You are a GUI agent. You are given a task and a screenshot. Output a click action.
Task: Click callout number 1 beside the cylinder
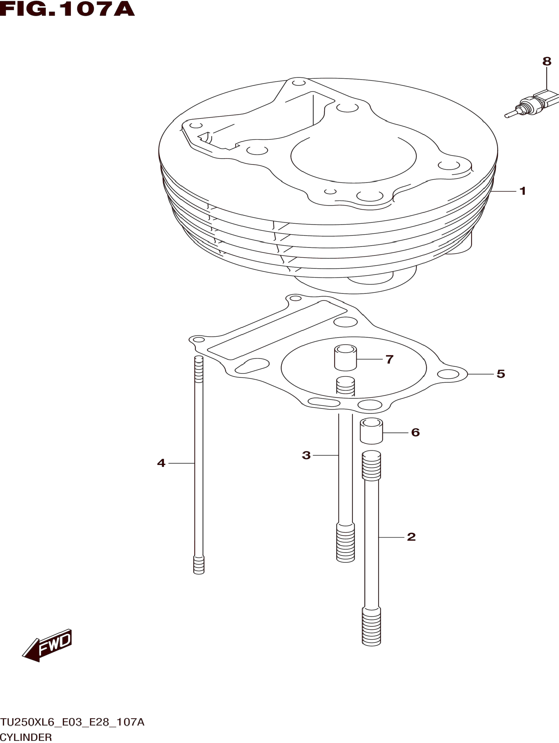522,191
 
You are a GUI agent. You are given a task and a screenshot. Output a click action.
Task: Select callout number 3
306,455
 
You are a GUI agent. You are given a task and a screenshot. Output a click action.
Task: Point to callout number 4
161,463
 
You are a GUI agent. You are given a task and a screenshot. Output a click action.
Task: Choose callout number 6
415,432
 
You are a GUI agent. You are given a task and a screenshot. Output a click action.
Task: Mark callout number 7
389,359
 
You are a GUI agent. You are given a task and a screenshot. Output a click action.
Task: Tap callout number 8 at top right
547,61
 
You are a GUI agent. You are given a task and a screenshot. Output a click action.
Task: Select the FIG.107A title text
67,9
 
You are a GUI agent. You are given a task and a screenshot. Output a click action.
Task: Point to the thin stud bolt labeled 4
199,464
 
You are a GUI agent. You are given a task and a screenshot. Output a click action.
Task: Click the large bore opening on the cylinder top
353,156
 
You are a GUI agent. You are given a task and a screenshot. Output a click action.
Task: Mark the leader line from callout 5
480,374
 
